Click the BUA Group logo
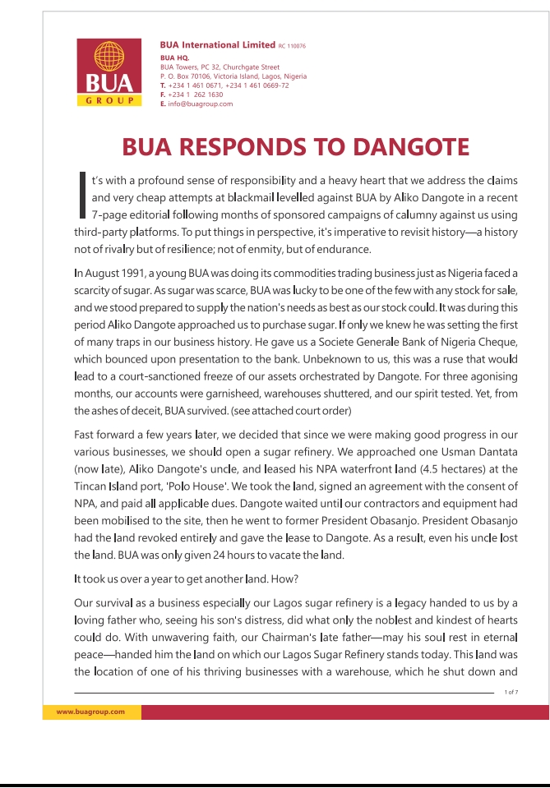104,72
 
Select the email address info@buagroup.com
201,104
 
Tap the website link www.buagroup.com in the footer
90,712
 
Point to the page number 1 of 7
511,693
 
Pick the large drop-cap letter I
81,196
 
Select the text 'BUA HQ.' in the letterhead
174,58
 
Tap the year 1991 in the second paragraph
114,273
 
